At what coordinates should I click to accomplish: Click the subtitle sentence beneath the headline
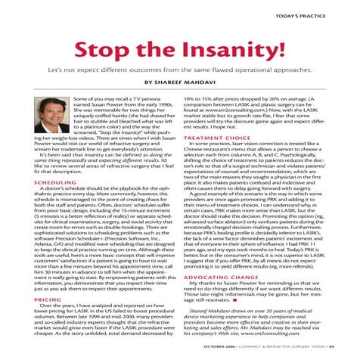pos(180,78)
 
